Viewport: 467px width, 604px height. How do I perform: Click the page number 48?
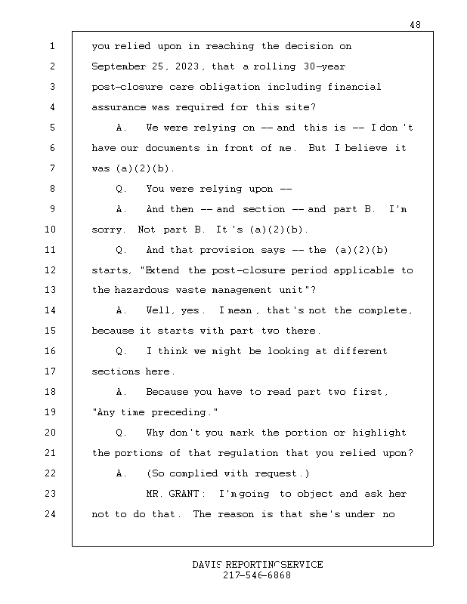[415, 25]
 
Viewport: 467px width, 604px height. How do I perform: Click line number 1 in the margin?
[53, 47]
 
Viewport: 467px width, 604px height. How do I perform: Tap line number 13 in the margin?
[51, 291]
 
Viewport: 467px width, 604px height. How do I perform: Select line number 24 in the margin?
[51, 515]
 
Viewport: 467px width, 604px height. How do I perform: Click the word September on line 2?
[118, 67]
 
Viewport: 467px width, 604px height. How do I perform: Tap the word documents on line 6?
[180, 149]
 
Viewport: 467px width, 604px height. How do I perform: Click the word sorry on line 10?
[107, 230]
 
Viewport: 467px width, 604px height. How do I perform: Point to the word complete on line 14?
[384, 311]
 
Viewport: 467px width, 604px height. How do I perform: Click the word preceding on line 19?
[181, 413]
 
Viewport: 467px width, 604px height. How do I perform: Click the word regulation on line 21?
[248, 454]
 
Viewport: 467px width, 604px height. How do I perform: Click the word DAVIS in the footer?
[208, 565]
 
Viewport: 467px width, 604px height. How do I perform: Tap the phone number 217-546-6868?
[257, 576]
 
